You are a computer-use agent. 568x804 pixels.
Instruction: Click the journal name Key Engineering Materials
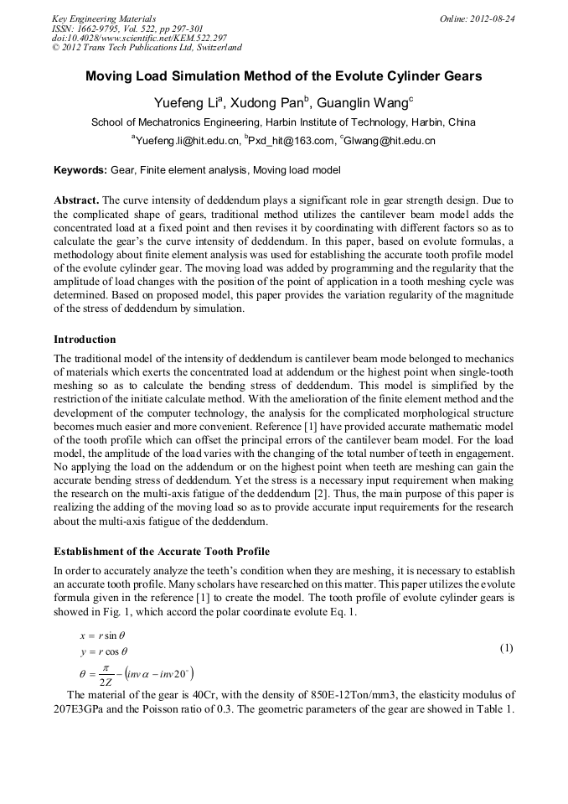104,18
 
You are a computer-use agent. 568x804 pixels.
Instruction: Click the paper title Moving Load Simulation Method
283,76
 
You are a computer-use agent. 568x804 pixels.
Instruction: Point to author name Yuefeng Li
186,103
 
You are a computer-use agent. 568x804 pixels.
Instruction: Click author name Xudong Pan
267,103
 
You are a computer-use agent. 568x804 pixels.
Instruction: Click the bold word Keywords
80,170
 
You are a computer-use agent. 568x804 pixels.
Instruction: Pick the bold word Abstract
76,200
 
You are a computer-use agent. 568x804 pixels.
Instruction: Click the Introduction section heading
85,340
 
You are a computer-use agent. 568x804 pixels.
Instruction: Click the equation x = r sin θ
103,636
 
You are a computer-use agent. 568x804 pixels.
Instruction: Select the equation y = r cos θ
103,651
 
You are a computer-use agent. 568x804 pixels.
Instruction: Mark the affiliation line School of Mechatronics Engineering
283,122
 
